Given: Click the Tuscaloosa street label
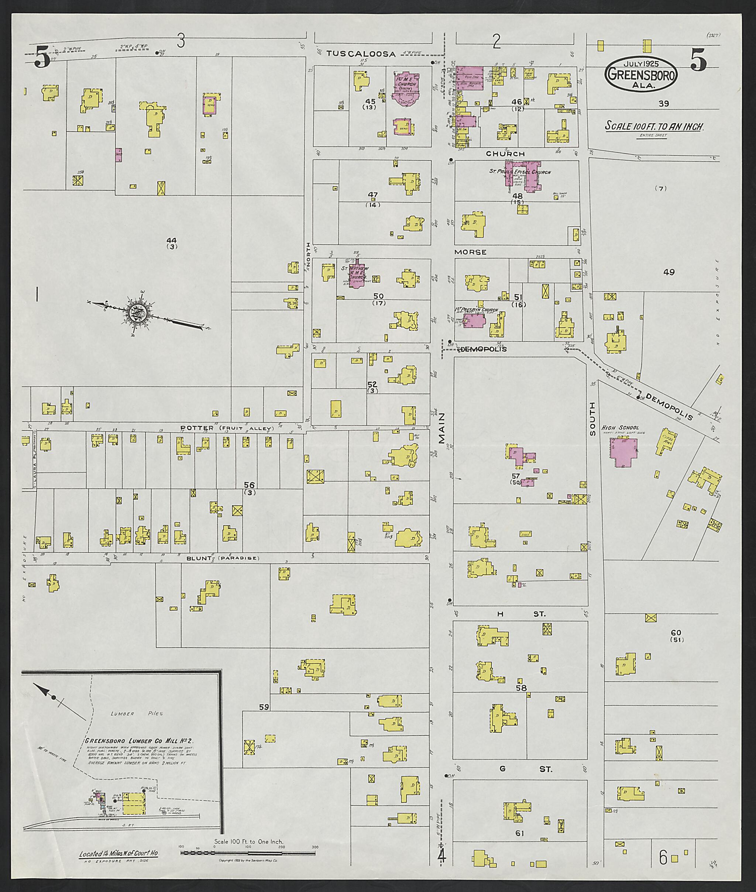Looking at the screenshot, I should (361, 54).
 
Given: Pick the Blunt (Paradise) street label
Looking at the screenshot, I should (223, 558).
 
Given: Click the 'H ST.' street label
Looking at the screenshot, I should (519, 614).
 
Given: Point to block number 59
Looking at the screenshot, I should (264, 707).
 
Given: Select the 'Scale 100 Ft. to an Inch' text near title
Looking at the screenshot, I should (654, 126).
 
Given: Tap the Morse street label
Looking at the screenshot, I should (470, 252).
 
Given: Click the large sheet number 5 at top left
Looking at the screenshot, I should (42, 57).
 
